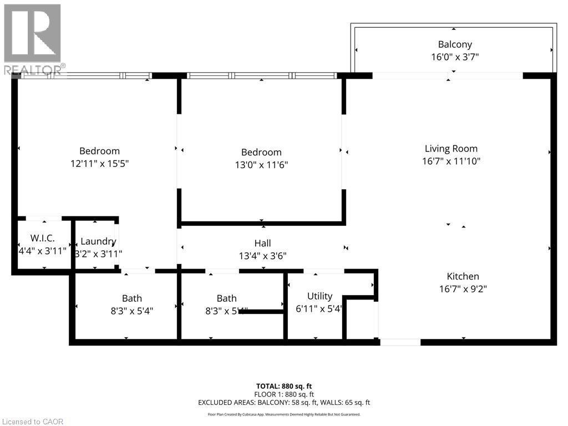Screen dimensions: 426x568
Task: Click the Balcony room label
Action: click(455, 44)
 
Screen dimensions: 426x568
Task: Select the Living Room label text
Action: click(451, 149)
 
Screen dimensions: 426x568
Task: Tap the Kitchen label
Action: click(463, 276)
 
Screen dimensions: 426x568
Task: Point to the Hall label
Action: click(262, 244)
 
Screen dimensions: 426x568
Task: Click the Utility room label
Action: click(319, 296)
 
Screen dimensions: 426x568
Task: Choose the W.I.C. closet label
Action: click(42, 239)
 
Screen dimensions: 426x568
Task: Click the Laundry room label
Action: click(98, 241)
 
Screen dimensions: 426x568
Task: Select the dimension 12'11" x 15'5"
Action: click(99, 164)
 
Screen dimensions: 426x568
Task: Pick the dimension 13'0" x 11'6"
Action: click(261, 165)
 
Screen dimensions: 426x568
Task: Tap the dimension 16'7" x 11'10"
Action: click(451, 161)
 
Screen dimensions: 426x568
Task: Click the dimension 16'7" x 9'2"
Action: click(463, 288)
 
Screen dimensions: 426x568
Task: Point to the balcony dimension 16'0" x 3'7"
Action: click(455, 57)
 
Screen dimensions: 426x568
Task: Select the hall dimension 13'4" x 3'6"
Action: click(262, 256)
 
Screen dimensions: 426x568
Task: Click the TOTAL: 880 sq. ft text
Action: click(284, 386)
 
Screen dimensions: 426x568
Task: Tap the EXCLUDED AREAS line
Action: click(284, 403)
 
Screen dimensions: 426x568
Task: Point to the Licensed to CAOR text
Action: click(32, 422)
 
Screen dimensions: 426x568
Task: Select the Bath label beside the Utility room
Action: click(226, 298)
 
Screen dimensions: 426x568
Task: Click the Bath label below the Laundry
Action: click(132, 298)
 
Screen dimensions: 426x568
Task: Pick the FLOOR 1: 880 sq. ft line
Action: click(284, 394)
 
